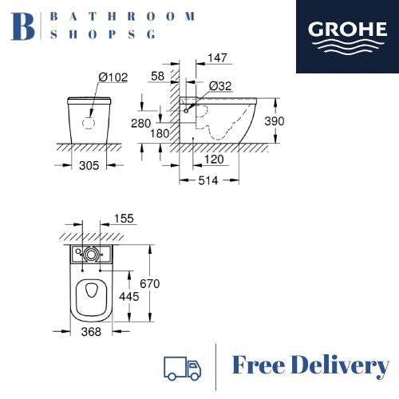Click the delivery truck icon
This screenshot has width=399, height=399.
pos(181,368)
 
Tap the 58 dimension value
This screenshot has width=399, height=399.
pos(157,74)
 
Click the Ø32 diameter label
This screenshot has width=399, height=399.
pos(221,86)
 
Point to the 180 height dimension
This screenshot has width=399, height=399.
pos(160,134)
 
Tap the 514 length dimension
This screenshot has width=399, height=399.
pos(210,181)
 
